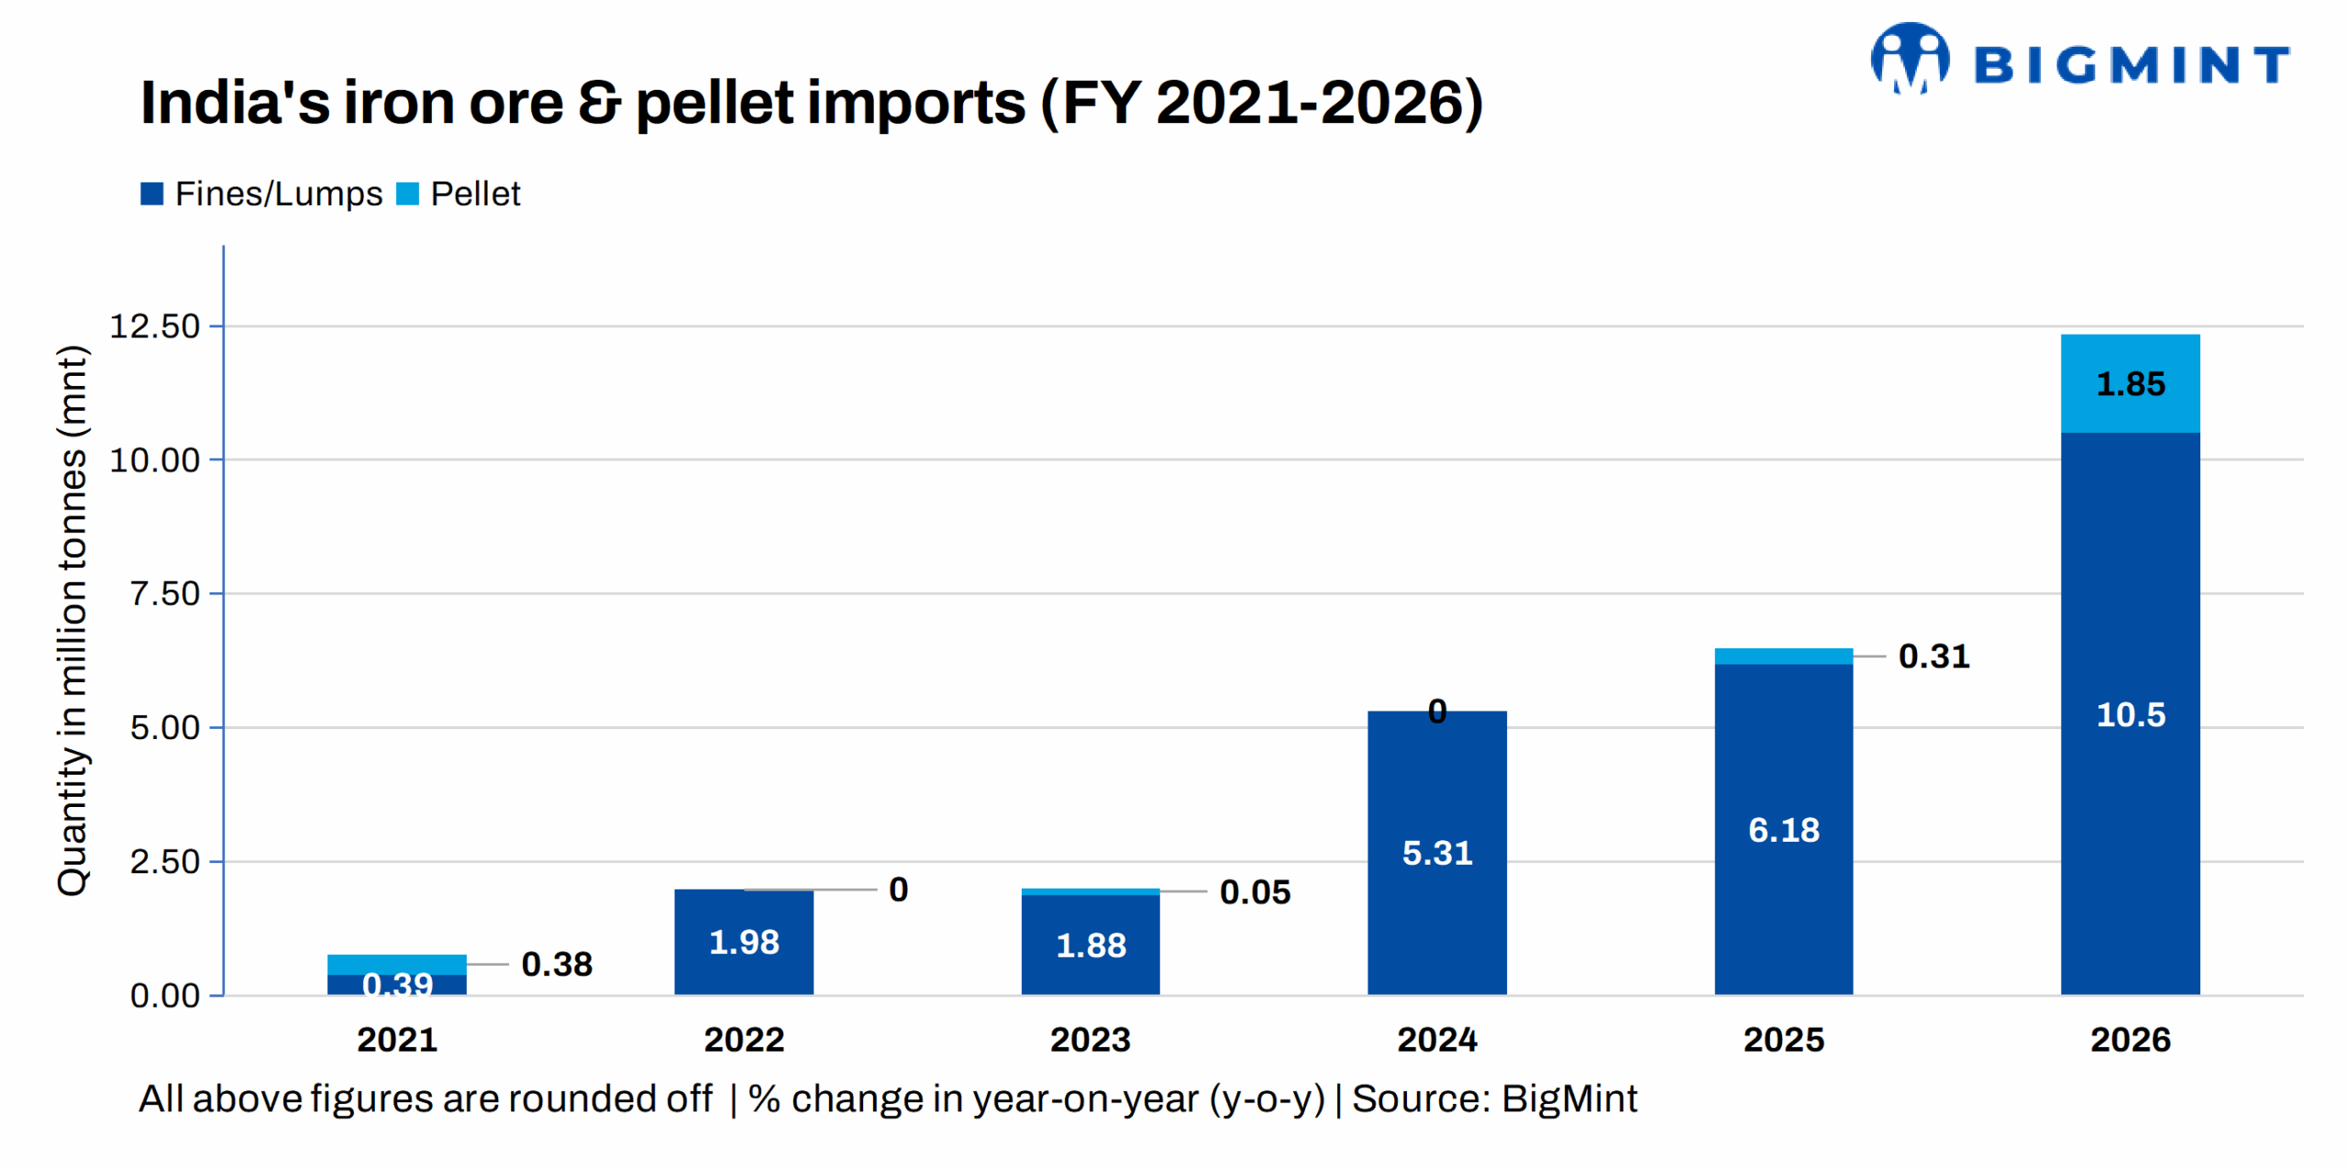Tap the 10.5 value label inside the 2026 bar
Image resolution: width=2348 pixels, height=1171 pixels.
coord(2130,714)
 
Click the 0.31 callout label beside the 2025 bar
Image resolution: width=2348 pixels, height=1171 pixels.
coord(1933,656)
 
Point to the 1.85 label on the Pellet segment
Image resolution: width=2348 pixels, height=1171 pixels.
coord(2130,383)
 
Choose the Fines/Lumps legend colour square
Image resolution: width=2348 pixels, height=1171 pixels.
coord(151,193)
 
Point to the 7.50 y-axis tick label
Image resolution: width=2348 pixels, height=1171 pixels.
coord(164,593)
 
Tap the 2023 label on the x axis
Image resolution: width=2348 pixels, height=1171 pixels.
coord(1090,1039)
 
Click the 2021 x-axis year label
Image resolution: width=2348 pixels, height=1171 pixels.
coord(396,1039)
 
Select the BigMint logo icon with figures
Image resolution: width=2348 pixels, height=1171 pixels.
coord(1910,60)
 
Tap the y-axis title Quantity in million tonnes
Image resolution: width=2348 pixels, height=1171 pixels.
coord(72,620)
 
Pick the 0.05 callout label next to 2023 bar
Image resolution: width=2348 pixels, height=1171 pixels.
coord(1254,891)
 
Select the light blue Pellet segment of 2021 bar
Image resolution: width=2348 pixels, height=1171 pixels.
coord(396,963)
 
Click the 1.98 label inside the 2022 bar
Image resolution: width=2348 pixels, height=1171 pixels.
coord(743,942)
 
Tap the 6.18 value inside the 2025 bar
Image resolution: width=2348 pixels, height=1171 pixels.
coord(1783,829)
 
